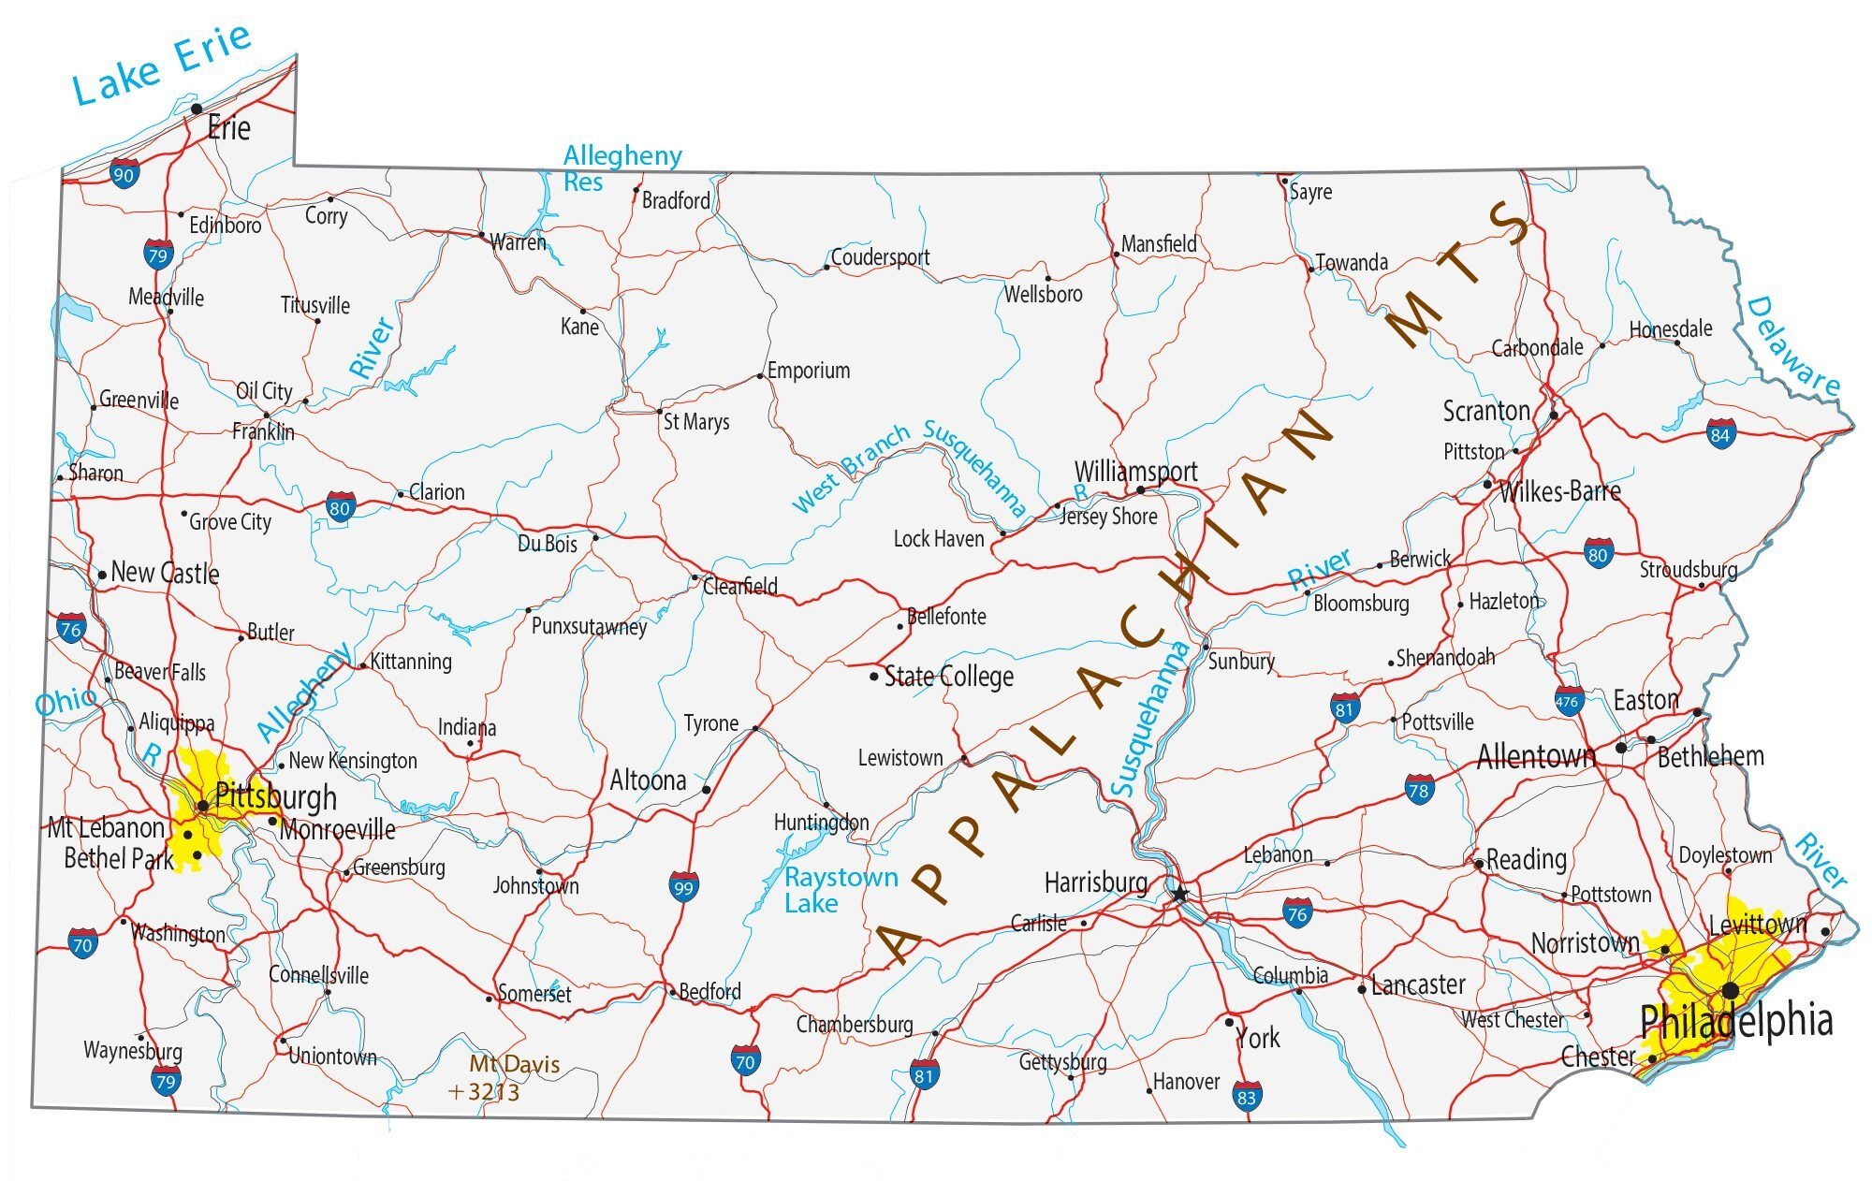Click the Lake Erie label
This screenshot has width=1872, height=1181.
coord(162,64)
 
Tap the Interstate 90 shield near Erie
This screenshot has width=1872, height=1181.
coord(124,173)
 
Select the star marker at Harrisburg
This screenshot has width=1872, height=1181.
coord(1180,895)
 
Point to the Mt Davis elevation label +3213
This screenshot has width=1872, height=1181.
coord(484,1091)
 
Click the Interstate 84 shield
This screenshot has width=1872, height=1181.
coord(1720,433)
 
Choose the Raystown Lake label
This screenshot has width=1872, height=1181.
coord(840,890)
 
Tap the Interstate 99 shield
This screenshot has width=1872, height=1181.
coord(683,886)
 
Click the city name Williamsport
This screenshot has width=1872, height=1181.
coord(1135,471)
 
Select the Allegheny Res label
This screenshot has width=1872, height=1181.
coord(622,168)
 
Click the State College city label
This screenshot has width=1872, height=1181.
coord(948,676)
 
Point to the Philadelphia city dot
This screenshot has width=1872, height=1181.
coord(1731,990)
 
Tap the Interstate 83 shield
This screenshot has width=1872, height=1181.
coord(1246,1096)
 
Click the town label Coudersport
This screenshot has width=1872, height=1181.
coord(880,256)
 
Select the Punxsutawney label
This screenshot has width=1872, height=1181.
coord(589,625)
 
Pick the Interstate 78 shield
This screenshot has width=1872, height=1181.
coord(1419,789)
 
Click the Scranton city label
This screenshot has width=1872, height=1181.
coord(1485,411)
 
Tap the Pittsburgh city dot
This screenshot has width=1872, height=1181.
coord(202,805)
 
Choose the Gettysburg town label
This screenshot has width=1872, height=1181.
coord(1062,1061)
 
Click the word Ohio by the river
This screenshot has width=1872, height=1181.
coord(66,701)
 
